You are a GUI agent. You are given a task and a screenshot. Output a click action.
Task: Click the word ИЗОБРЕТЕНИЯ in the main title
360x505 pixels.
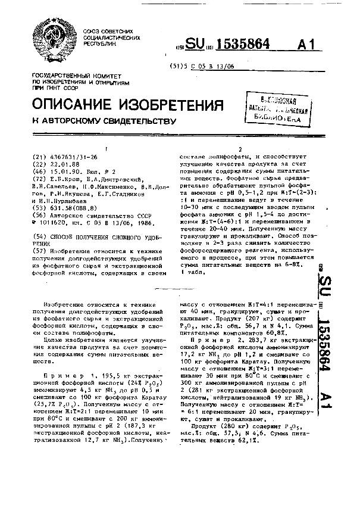165,105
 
